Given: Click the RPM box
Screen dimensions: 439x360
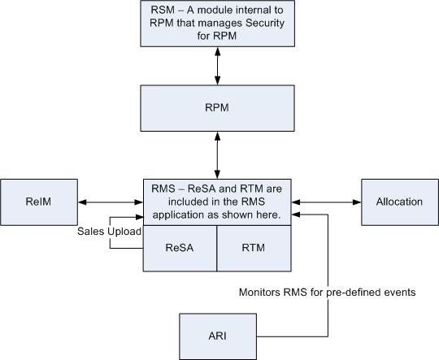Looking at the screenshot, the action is point(217,108).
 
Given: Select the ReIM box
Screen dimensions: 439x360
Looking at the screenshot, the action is point(39,202).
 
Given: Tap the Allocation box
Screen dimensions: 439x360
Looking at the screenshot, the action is point(400,202).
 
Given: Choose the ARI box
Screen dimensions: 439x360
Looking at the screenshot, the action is point(218,336).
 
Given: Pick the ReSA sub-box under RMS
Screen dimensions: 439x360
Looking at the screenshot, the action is point(180,249).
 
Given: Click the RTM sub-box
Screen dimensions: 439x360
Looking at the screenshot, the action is point(254,249).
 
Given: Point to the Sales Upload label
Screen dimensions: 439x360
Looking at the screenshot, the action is point(109,232).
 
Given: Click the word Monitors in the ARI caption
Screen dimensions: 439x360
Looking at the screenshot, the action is point(259,293).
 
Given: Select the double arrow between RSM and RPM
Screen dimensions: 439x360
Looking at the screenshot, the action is point(217,66).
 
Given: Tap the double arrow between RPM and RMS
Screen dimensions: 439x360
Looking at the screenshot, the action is point(217,155).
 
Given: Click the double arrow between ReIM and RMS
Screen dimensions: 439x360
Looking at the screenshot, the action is point(111,202).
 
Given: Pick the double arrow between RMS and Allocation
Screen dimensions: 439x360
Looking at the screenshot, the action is point(327,202).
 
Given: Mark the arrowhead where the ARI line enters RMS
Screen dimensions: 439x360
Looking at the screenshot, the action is point(296,215).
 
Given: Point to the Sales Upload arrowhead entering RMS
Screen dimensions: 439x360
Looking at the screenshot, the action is point(139,217).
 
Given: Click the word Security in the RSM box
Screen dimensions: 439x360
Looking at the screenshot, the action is point(265,23).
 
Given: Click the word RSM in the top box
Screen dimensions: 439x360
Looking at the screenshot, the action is point(163,10).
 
